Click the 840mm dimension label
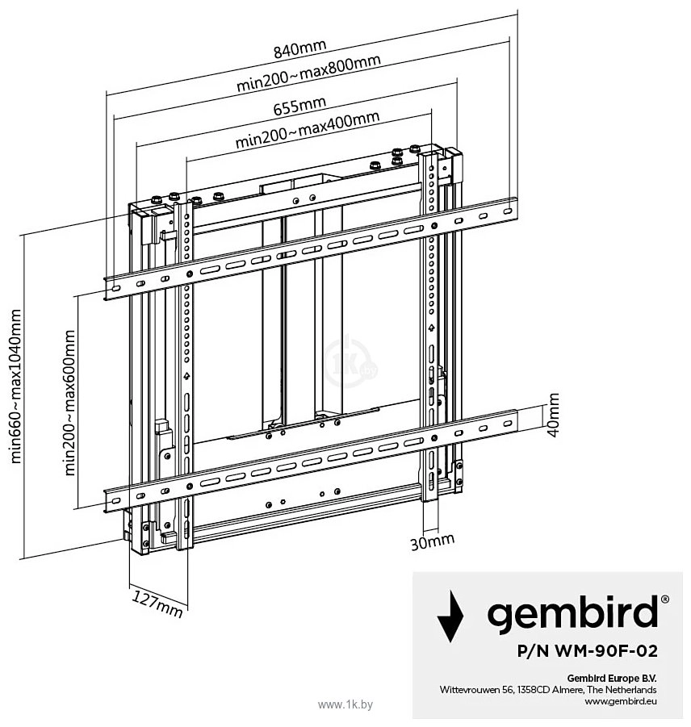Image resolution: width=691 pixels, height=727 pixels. [300, 48]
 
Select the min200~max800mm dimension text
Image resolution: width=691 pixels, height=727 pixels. [309, 73]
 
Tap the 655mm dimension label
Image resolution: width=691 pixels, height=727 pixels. [299, 106]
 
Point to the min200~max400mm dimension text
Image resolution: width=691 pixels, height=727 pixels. [308, 130]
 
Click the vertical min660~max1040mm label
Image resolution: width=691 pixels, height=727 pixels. [16, 386]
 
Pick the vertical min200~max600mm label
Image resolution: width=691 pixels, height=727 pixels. [69, 403]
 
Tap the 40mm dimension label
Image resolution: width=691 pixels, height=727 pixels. [553, 415]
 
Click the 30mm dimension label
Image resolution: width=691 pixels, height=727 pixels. [432, 541]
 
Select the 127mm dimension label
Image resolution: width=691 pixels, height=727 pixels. [157, 604]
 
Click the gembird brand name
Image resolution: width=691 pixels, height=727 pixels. [573, 613]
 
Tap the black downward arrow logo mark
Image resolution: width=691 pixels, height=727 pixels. [450, 616]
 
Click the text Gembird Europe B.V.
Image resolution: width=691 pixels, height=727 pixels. [612, 678]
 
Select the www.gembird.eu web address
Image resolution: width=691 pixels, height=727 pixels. [621, 701]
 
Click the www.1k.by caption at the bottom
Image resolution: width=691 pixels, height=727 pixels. [345, 704]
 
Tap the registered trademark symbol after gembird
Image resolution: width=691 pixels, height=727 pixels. [664, 600]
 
